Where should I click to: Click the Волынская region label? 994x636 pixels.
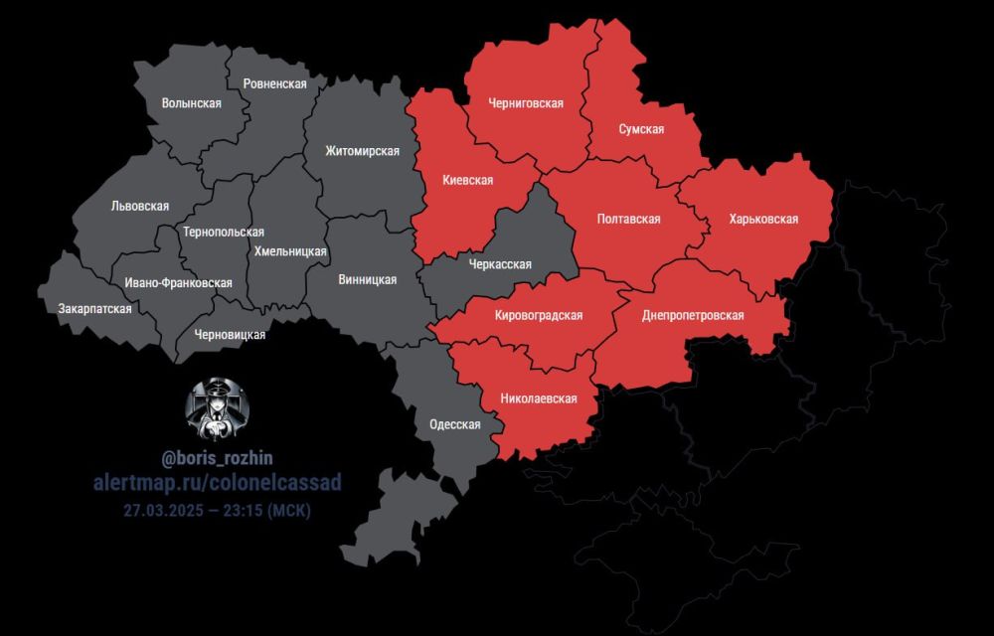pyautogui.click(x=191, y=103)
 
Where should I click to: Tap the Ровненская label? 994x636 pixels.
pyautogui.click(x=270, y=83)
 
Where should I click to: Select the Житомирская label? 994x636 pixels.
pyautogui.click(x=362, y=151)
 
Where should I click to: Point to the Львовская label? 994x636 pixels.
pyautogui.click(x=140, y=207)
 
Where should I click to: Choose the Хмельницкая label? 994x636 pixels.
pyautogui.click(x=290, y=251)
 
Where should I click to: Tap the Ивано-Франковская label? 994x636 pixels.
pyautogui.click(x=179, y=283)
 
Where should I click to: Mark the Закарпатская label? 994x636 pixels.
pyautogui.click(x=95, y=309)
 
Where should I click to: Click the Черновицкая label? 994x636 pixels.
pyautogui.click(x=230, y=334)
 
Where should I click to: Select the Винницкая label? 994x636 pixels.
pyautogui.click(x=367, y=279)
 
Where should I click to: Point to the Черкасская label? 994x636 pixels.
pyautogui.click(x=499, y=264)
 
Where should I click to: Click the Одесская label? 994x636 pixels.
pyautogui.click(x=454, y=424)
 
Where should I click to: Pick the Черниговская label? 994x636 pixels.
pyautogui.click(x=526, y=103)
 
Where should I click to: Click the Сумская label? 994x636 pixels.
pyautogui.click(x=641, y=129)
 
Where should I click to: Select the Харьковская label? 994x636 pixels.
pyautogui.click(x=763, y=219)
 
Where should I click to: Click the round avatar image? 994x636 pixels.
pyautogui.click(x=218, y=409)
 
